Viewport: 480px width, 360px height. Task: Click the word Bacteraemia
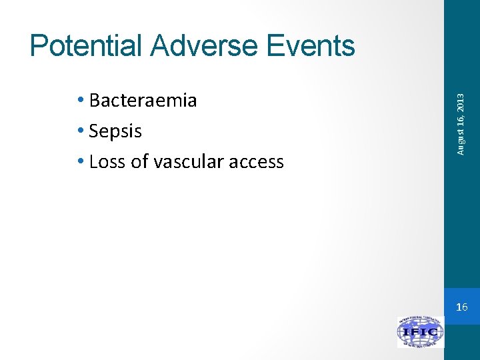tap(143, 101)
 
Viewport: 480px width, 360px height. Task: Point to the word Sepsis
tap(115, 131)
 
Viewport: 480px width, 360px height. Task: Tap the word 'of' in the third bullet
tap(139, 162)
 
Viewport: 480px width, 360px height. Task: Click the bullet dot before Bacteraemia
tap(81, 101)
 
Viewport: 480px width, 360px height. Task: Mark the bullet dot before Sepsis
tap(81, 131)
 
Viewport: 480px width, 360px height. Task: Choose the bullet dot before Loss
tap(81, 162)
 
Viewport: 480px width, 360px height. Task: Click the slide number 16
tap(462, 307)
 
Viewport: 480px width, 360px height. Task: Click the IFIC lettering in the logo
tap(420, 332)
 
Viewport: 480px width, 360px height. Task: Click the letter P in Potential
tap(39, 46)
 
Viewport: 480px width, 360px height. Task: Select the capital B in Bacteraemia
tap(95, 101)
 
